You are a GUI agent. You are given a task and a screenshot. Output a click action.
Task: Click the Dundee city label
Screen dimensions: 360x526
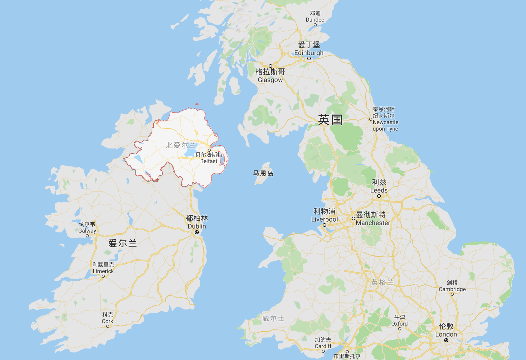pos(315,17)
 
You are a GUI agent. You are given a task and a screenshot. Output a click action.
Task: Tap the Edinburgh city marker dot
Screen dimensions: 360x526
pos(309,59)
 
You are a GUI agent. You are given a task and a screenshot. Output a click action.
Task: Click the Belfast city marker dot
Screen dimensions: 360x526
pos(209,150)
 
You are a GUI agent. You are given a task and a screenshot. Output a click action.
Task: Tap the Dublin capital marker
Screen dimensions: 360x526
pos(197,233)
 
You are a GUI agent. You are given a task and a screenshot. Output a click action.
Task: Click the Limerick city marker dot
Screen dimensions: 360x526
pos(103,276)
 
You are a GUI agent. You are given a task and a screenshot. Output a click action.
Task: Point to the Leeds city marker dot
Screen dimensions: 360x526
pos(379,196)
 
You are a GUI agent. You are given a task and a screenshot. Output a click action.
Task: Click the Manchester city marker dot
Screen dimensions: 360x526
pos(353,219)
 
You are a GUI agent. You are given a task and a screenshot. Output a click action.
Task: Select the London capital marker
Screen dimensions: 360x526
pos(446,340)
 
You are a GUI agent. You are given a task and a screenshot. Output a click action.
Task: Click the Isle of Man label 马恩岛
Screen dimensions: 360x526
pos(263,173)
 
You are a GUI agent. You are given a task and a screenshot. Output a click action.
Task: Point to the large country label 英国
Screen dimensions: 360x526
pos(330,120)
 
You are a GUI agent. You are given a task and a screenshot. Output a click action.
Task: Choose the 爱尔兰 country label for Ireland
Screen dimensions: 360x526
pos(123,244)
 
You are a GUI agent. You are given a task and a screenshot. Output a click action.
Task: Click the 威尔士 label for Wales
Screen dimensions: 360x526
pos(273,318)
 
